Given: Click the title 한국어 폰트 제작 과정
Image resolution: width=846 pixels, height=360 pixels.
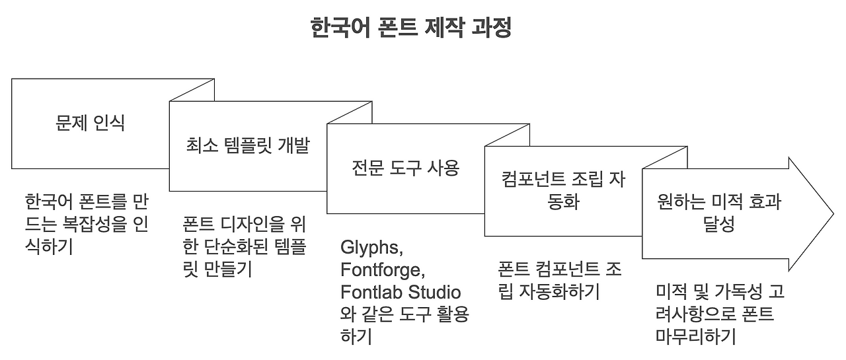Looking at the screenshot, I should pyautogui.click(x=410, y=29).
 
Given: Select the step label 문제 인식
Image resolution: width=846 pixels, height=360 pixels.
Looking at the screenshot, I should pyautogui.click(x=90, y=123).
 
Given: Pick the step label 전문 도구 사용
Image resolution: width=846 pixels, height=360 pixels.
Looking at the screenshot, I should pyautogui.click(x=405, y=168).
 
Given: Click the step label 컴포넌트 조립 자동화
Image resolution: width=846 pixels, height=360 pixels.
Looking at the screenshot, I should pyautogui.click(x=564, y=190).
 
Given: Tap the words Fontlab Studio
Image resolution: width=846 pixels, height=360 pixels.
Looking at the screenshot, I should pyautogui.click(x=401, y=292).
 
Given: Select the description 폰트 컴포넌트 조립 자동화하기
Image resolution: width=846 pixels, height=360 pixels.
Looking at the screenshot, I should pyautogui.click(x=559, y=280).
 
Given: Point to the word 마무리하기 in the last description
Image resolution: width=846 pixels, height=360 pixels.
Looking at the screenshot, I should pyautogui.click(x=696, y=336).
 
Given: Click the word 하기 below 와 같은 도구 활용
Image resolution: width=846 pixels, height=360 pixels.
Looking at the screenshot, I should pyautogui.click(x=356, y=336).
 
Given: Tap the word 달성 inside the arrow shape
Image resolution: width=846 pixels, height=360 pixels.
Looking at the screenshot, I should pyautogui.click(x=719, y=225).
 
